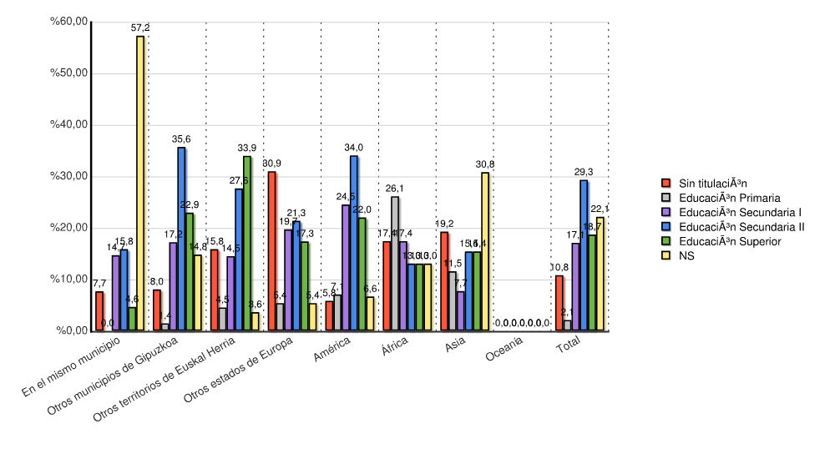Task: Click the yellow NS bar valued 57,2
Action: [140, 184]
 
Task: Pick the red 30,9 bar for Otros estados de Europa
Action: [271, 251]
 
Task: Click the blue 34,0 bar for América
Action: [354, 243]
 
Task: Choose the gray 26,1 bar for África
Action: [395, 264]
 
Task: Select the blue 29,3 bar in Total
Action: [584, 255]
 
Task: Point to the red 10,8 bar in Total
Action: [559, 303]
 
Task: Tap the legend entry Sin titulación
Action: [712, 183]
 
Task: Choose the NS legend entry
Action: [686, 256]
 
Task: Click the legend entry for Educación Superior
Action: [730, 241]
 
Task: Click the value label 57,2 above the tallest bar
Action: [140, 28]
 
